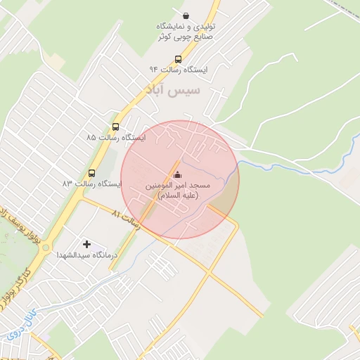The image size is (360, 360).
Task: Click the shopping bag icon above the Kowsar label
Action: tap(185, 15)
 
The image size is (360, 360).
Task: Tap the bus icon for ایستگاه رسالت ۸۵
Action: tap(115, 127)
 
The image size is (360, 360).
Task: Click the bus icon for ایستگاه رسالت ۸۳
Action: tap(91, 173)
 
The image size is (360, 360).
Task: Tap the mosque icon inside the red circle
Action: tap(176, 174)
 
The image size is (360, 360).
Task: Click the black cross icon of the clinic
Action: tap(86, 244)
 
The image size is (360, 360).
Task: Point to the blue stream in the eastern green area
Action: tap(347, 148)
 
